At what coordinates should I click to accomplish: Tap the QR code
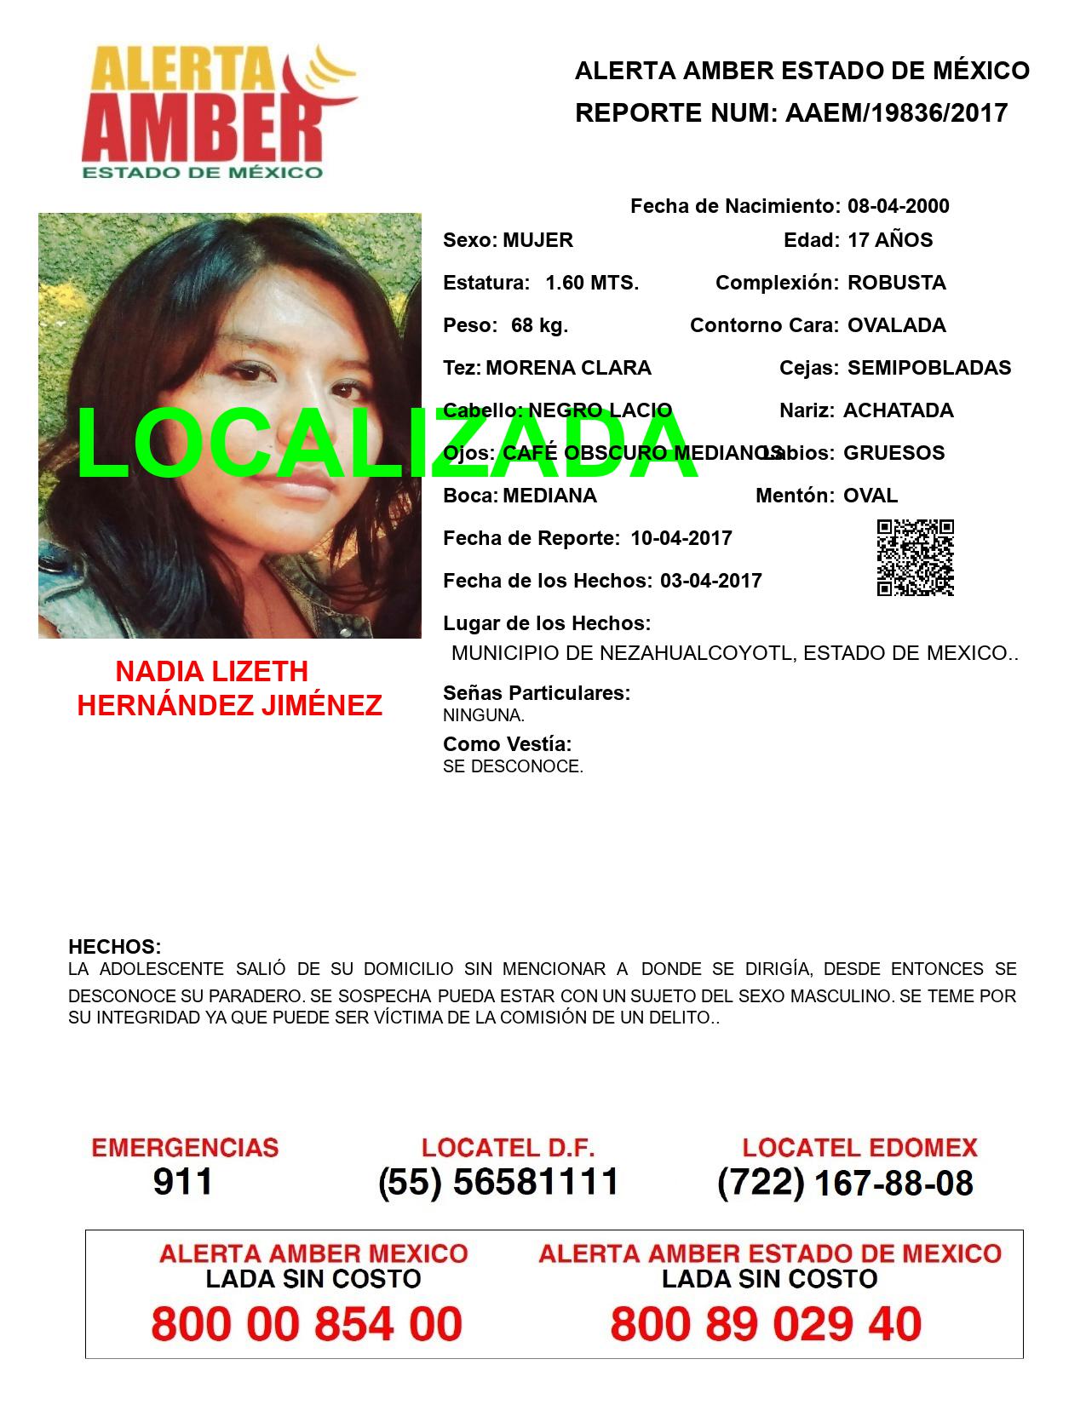[915, 558]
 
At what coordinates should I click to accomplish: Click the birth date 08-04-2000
[898, 206]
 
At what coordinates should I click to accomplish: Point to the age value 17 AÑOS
[890, 240]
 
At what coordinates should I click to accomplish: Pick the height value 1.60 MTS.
[592, 283]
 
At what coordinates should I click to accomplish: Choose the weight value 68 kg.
[539, 325]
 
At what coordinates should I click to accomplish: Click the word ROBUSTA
[896, 283]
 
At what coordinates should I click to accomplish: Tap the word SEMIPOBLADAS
[929, 368]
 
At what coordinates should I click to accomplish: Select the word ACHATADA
[898, 410]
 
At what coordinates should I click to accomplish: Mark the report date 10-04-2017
[681, 538]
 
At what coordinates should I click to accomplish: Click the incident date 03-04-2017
[710, 581]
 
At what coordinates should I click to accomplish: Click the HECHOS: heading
[114, 947]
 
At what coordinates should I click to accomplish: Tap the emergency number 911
[183, 1182]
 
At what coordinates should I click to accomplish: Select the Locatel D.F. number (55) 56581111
[498, 1182]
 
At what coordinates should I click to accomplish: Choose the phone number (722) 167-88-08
[845, 1183]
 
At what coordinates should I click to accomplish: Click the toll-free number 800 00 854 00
[307, 1324]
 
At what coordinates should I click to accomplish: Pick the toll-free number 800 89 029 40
[766, 1324]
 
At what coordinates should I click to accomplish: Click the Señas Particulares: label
[537, 693]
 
